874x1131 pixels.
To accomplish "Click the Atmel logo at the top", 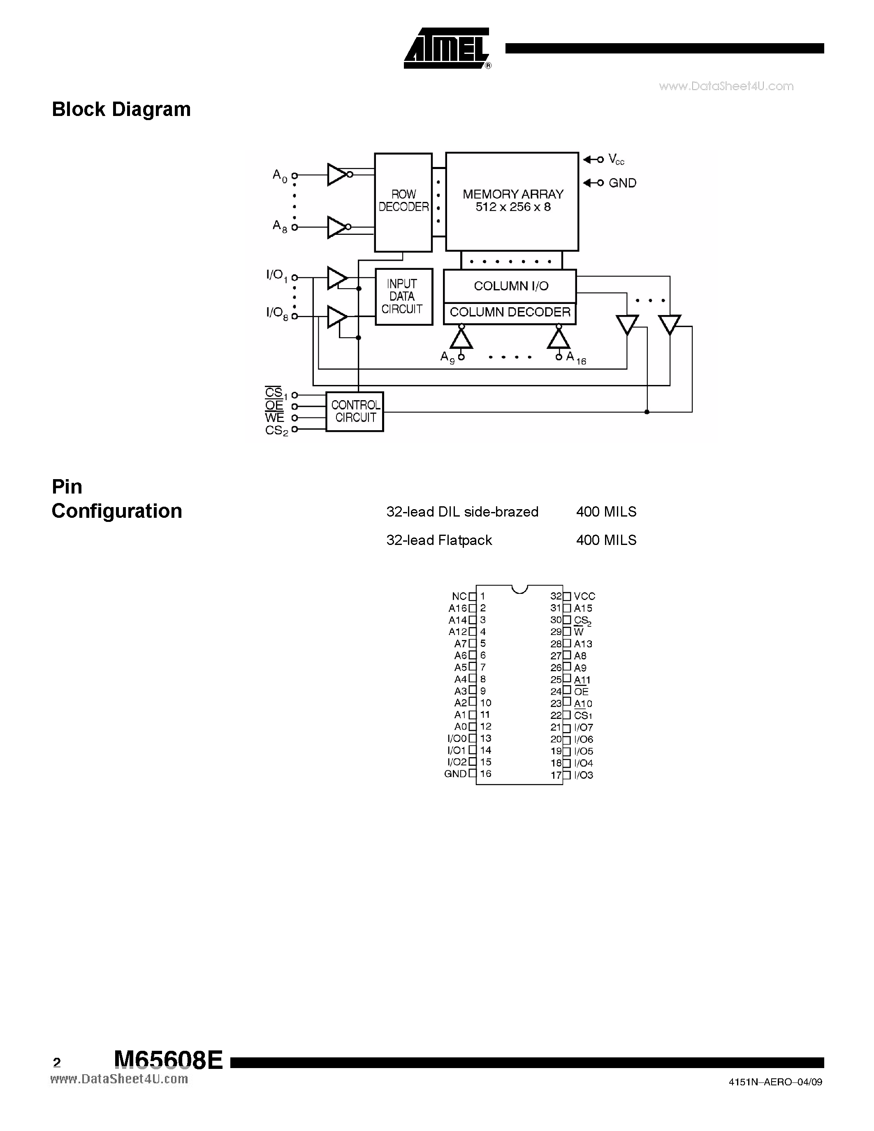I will (x=447, y=48).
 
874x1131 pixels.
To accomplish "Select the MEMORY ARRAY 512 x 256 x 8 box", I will (x=512, y=201).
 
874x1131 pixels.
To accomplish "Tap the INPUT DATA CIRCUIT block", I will (x=403, y=297).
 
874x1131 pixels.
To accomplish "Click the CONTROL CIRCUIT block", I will (x=355, y=412).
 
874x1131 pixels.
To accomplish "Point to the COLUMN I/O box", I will (x=510, y=286).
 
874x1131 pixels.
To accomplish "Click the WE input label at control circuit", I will (x=274, y=417).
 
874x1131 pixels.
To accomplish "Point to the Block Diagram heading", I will (x=121, y=109).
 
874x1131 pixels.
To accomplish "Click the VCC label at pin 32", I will (x=584, y=597).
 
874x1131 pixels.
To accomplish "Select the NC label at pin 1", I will (x=459, y=597).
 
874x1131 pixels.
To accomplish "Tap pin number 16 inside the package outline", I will (x=485, y=774).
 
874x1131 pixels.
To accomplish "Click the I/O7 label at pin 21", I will (x=583, y=728).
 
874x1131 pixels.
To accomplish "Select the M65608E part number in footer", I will (x=168, y=1061).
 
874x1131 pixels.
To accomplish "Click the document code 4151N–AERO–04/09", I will (x=774, y=1082).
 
